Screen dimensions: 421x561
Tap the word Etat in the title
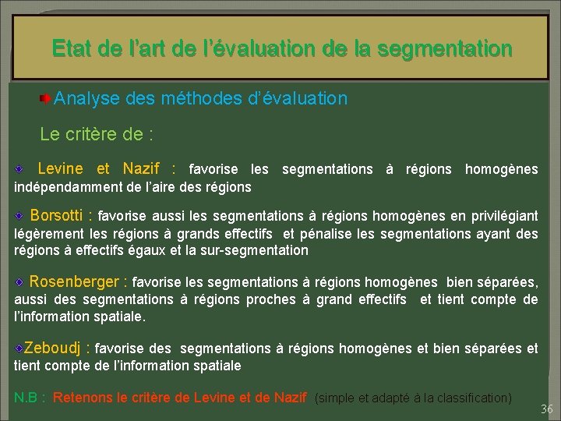[x=72, y=50]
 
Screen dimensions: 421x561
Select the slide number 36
[x=546, y=409]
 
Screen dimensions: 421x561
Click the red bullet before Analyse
[x=47, y=99]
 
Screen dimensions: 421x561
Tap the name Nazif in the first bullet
[x=140, y=168]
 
